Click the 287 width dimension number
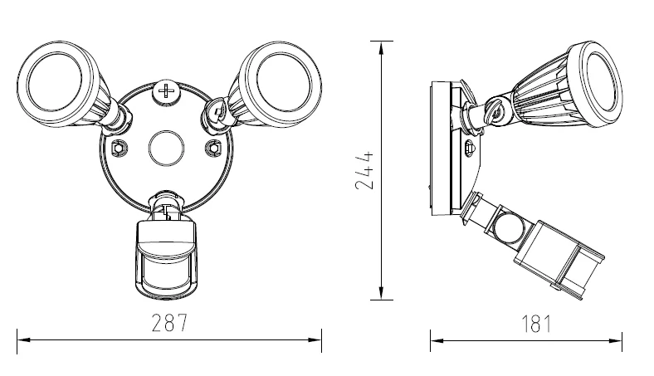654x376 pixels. tap(169, 323)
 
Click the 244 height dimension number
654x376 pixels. tap(364, 170)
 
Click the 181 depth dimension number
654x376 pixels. tap(536, 324)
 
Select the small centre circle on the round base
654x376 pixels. tap(167, 149)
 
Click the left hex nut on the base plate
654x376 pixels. tap(119, 148)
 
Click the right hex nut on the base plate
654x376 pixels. tap(214, 148)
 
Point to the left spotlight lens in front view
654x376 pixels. tap(55, 83)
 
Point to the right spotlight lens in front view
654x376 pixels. tap(285, 81)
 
